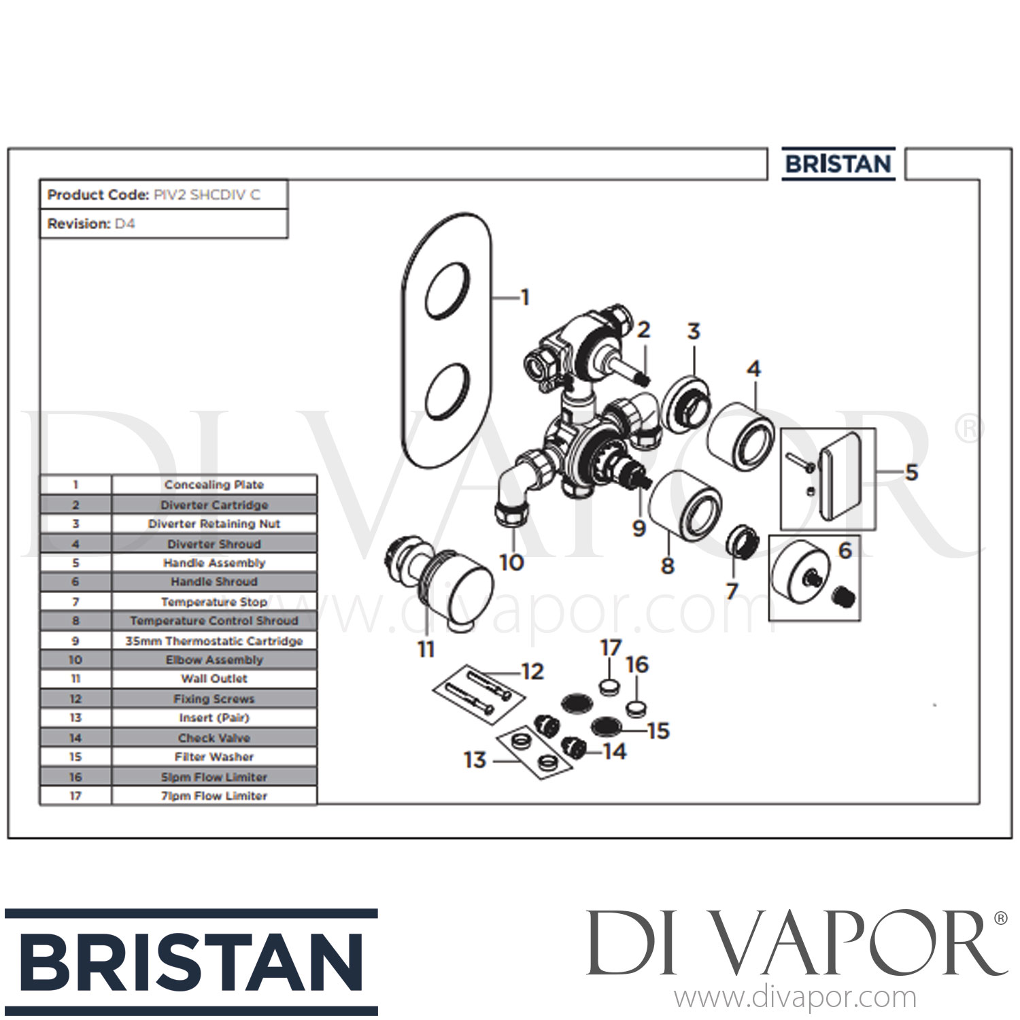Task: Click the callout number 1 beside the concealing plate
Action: (x=524, y=297)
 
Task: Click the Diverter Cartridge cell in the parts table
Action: (x=214, y=505)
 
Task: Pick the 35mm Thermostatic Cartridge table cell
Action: (x=214, y=641)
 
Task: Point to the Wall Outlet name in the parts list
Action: (x=214, y=679)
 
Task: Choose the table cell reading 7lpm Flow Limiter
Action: (x=214, y=796)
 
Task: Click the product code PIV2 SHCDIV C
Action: (x=206, y=195)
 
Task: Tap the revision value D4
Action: (x=124, y=224)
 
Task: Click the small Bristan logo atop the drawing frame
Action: (x=838, y=165)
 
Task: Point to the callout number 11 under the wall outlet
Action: (x=426, y=649)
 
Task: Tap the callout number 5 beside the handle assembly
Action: (x=911, y=471)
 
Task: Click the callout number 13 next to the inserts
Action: (x=475, y=760)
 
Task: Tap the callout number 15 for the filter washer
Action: (x=658, y=731)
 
